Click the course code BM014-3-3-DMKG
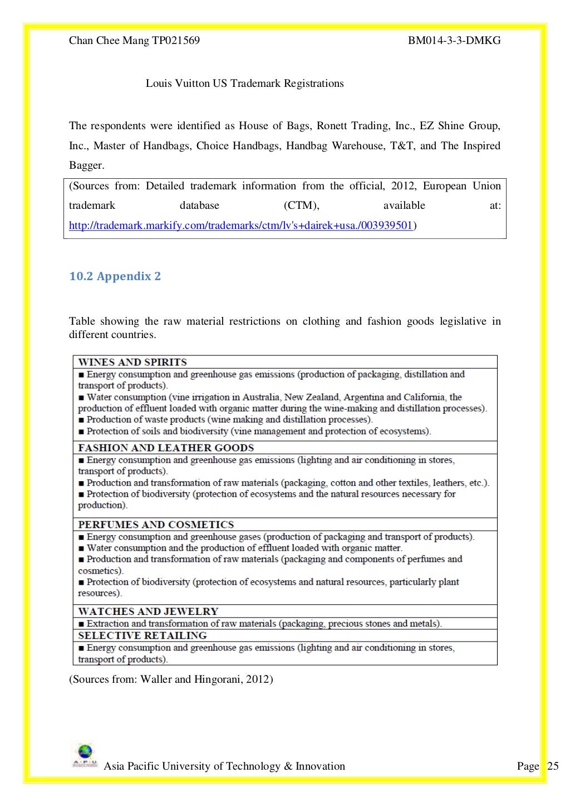coord(454,40)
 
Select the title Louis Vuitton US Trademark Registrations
coord(244,84)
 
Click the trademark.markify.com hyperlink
coord(240,226)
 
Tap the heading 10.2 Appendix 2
coord(115,276)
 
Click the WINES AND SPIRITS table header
coord(132,362)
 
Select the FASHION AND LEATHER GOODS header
coord(166,448)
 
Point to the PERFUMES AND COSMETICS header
coord(156,525)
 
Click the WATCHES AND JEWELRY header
coord(148,611)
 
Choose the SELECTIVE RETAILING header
coord(142,635)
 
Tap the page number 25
coord(553,766)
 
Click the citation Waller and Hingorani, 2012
coord(206,679)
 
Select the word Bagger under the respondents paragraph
coord(86,165)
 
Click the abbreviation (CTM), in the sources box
coord(301,206)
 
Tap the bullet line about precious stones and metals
coord(260,624)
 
